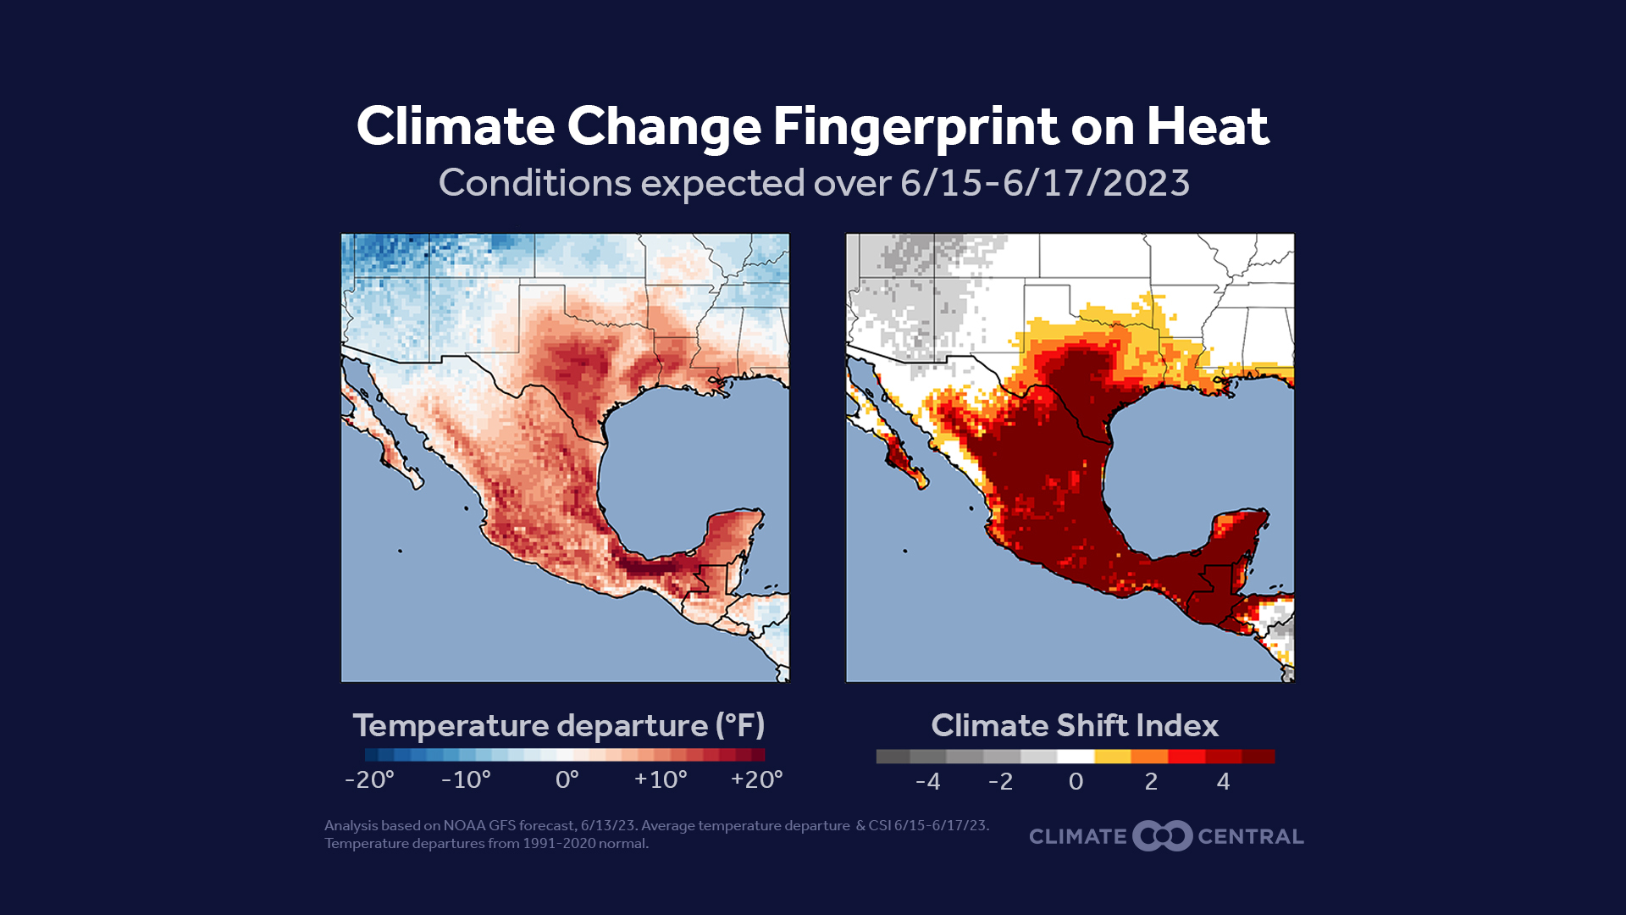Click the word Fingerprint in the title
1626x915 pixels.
tap(915, 127)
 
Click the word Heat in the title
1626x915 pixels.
tap(1207, 127)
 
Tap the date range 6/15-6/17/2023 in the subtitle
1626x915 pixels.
tap(1044, 183)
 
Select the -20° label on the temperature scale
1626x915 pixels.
tap(369, 779)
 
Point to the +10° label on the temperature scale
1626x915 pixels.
tap(661, 779)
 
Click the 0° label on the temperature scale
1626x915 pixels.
tap(567, 779)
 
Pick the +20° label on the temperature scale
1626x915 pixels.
tap(756, 779)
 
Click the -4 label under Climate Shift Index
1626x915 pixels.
tap(927, 781)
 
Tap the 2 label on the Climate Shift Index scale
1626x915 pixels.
tap(1150, 781)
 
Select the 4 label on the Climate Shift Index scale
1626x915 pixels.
tap(1223, 781)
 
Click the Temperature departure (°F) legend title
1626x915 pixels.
tap(559, 726)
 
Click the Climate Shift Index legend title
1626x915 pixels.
tap(1074, 726)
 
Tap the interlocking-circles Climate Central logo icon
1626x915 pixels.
tap(1162, 836)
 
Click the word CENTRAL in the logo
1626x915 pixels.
tap(1250, 836)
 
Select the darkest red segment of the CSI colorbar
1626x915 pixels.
tap(1258, 757)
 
